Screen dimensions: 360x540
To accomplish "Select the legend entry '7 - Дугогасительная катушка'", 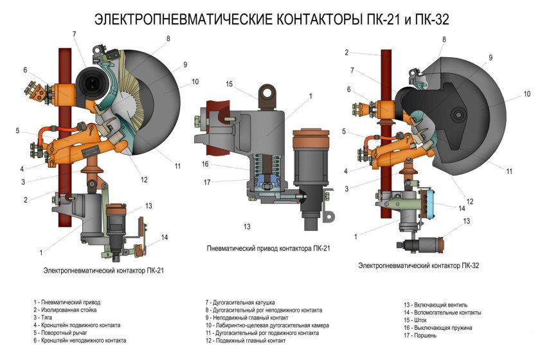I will [x=240, y=301].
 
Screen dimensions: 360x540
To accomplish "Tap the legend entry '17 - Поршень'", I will [x=421, y=335].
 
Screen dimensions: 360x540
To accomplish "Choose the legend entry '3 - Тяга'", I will [x=46, y=317].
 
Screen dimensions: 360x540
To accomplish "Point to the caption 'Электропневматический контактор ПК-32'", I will [x=419, y=265].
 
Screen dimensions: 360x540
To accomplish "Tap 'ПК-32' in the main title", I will [x=429, y=20].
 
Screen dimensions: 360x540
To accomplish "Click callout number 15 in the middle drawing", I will [x=230, y=84].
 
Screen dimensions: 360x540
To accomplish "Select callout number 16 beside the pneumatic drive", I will [x=205, y=165].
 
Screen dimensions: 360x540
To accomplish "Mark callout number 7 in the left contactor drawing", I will [x=75, y=33].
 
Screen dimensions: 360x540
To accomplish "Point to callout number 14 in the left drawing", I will [x=165, y=237].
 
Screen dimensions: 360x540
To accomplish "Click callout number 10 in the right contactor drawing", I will [x=526, y=94].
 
